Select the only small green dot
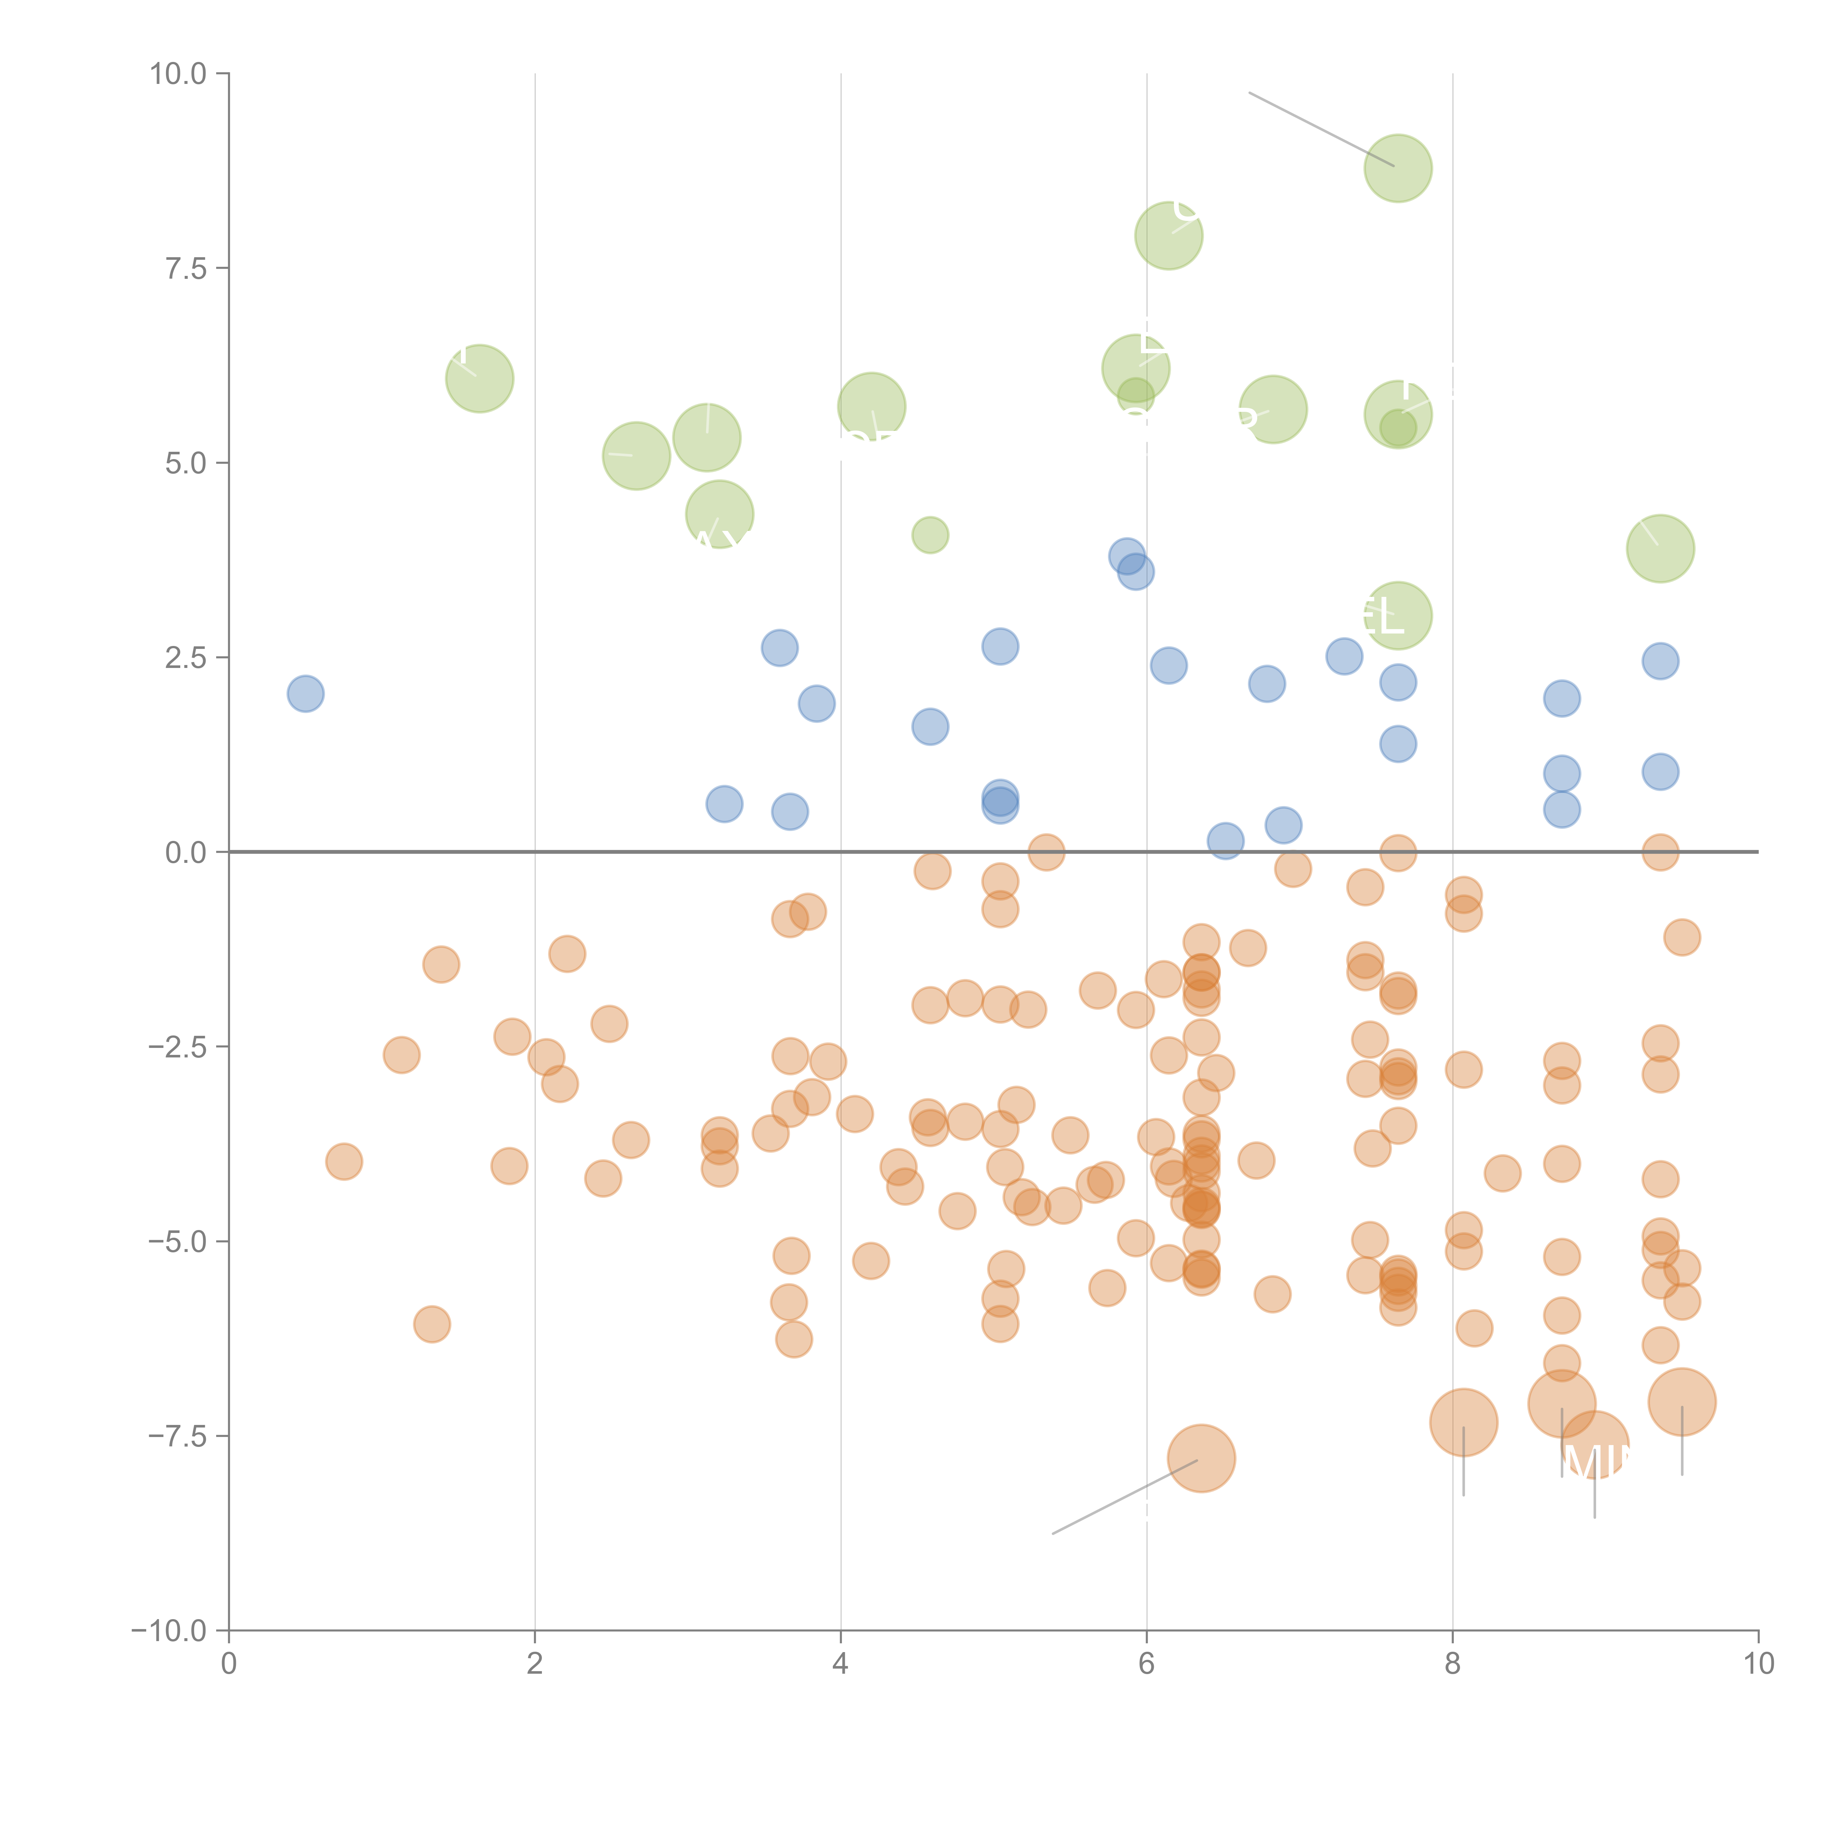tap(929, 535)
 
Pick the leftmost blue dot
tap(305, 693)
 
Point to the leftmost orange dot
tap(343, 1161)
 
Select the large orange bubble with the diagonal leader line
tap(1200, 1458)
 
